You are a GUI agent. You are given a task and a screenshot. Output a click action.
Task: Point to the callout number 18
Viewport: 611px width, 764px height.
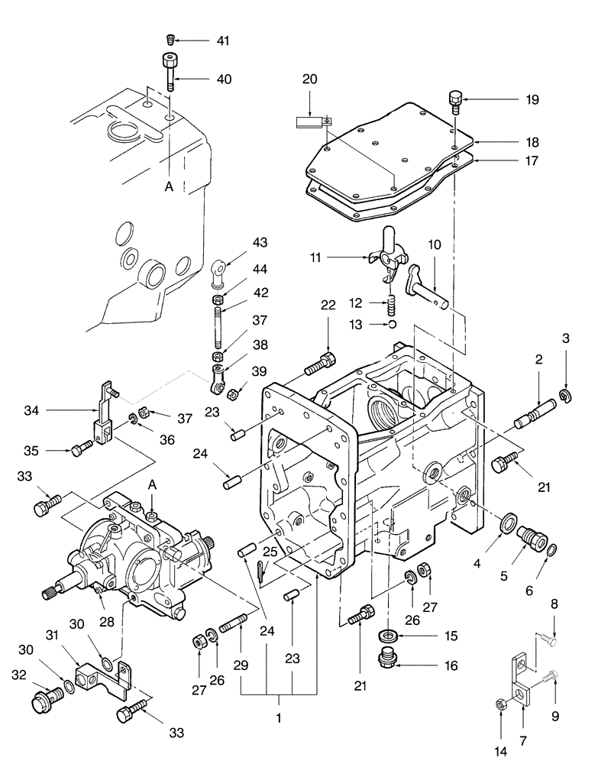[x=511, y=142]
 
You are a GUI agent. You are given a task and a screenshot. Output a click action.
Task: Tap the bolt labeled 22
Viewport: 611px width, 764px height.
[x=319, y=365]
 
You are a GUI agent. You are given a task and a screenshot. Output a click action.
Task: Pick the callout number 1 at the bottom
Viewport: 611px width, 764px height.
[x=278, y=719]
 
